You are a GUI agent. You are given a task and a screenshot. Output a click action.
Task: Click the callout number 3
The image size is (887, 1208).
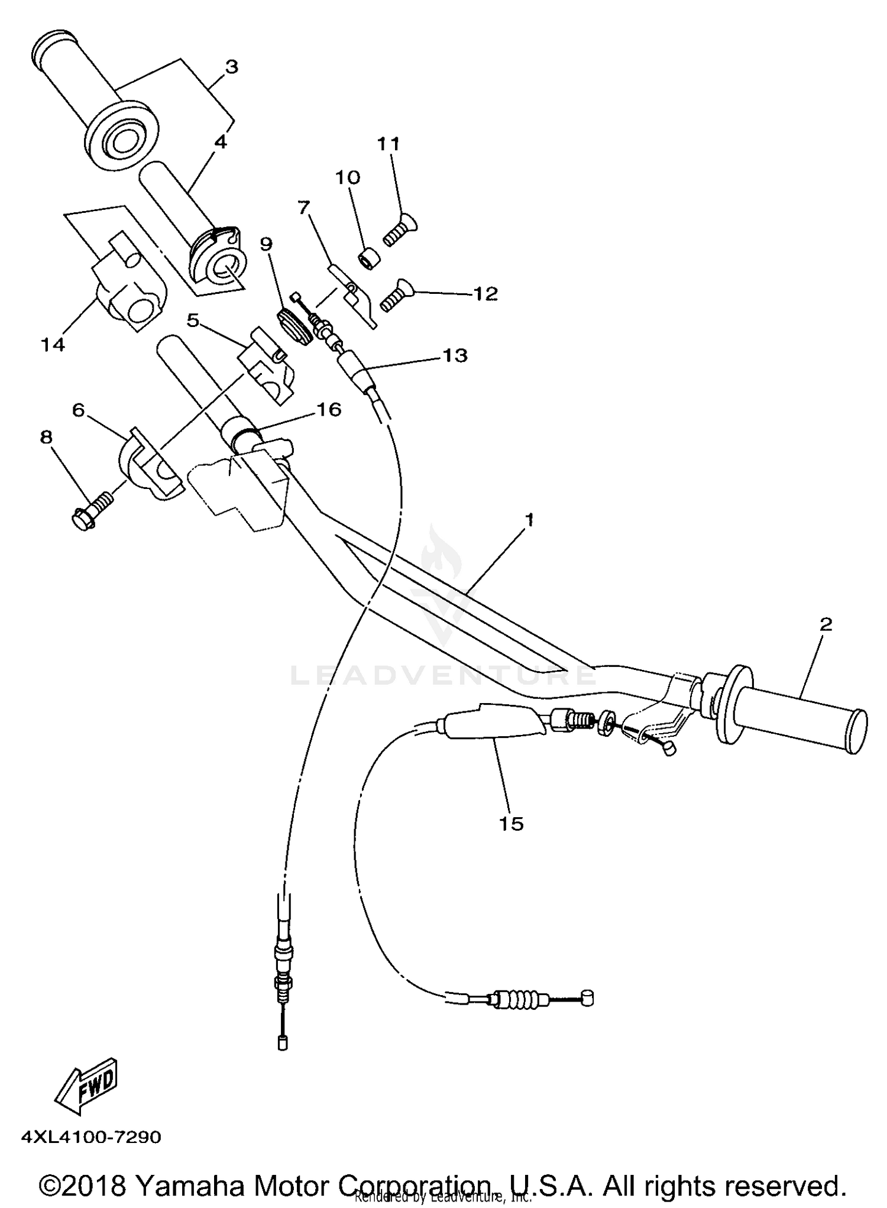point(231,67)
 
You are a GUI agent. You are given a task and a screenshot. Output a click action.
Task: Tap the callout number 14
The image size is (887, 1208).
point(53,344)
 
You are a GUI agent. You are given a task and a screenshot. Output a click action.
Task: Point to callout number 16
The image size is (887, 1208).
point(329,409)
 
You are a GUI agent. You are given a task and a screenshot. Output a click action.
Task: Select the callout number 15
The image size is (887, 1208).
point(512,823)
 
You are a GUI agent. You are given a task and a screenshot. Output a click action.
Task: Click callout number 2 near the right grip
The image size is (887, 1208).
point(826,624)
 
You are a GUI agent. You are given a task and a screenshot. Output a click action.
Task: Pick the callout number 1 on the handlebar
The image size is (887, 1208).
point(530,520)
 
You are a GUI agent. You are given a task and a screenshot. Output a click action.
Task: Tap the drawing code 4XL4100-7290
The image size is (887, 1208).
point(91,1137)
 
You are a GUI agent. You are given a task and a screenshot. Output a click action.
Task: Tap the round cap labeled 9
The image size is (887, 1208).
point(294,325)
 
